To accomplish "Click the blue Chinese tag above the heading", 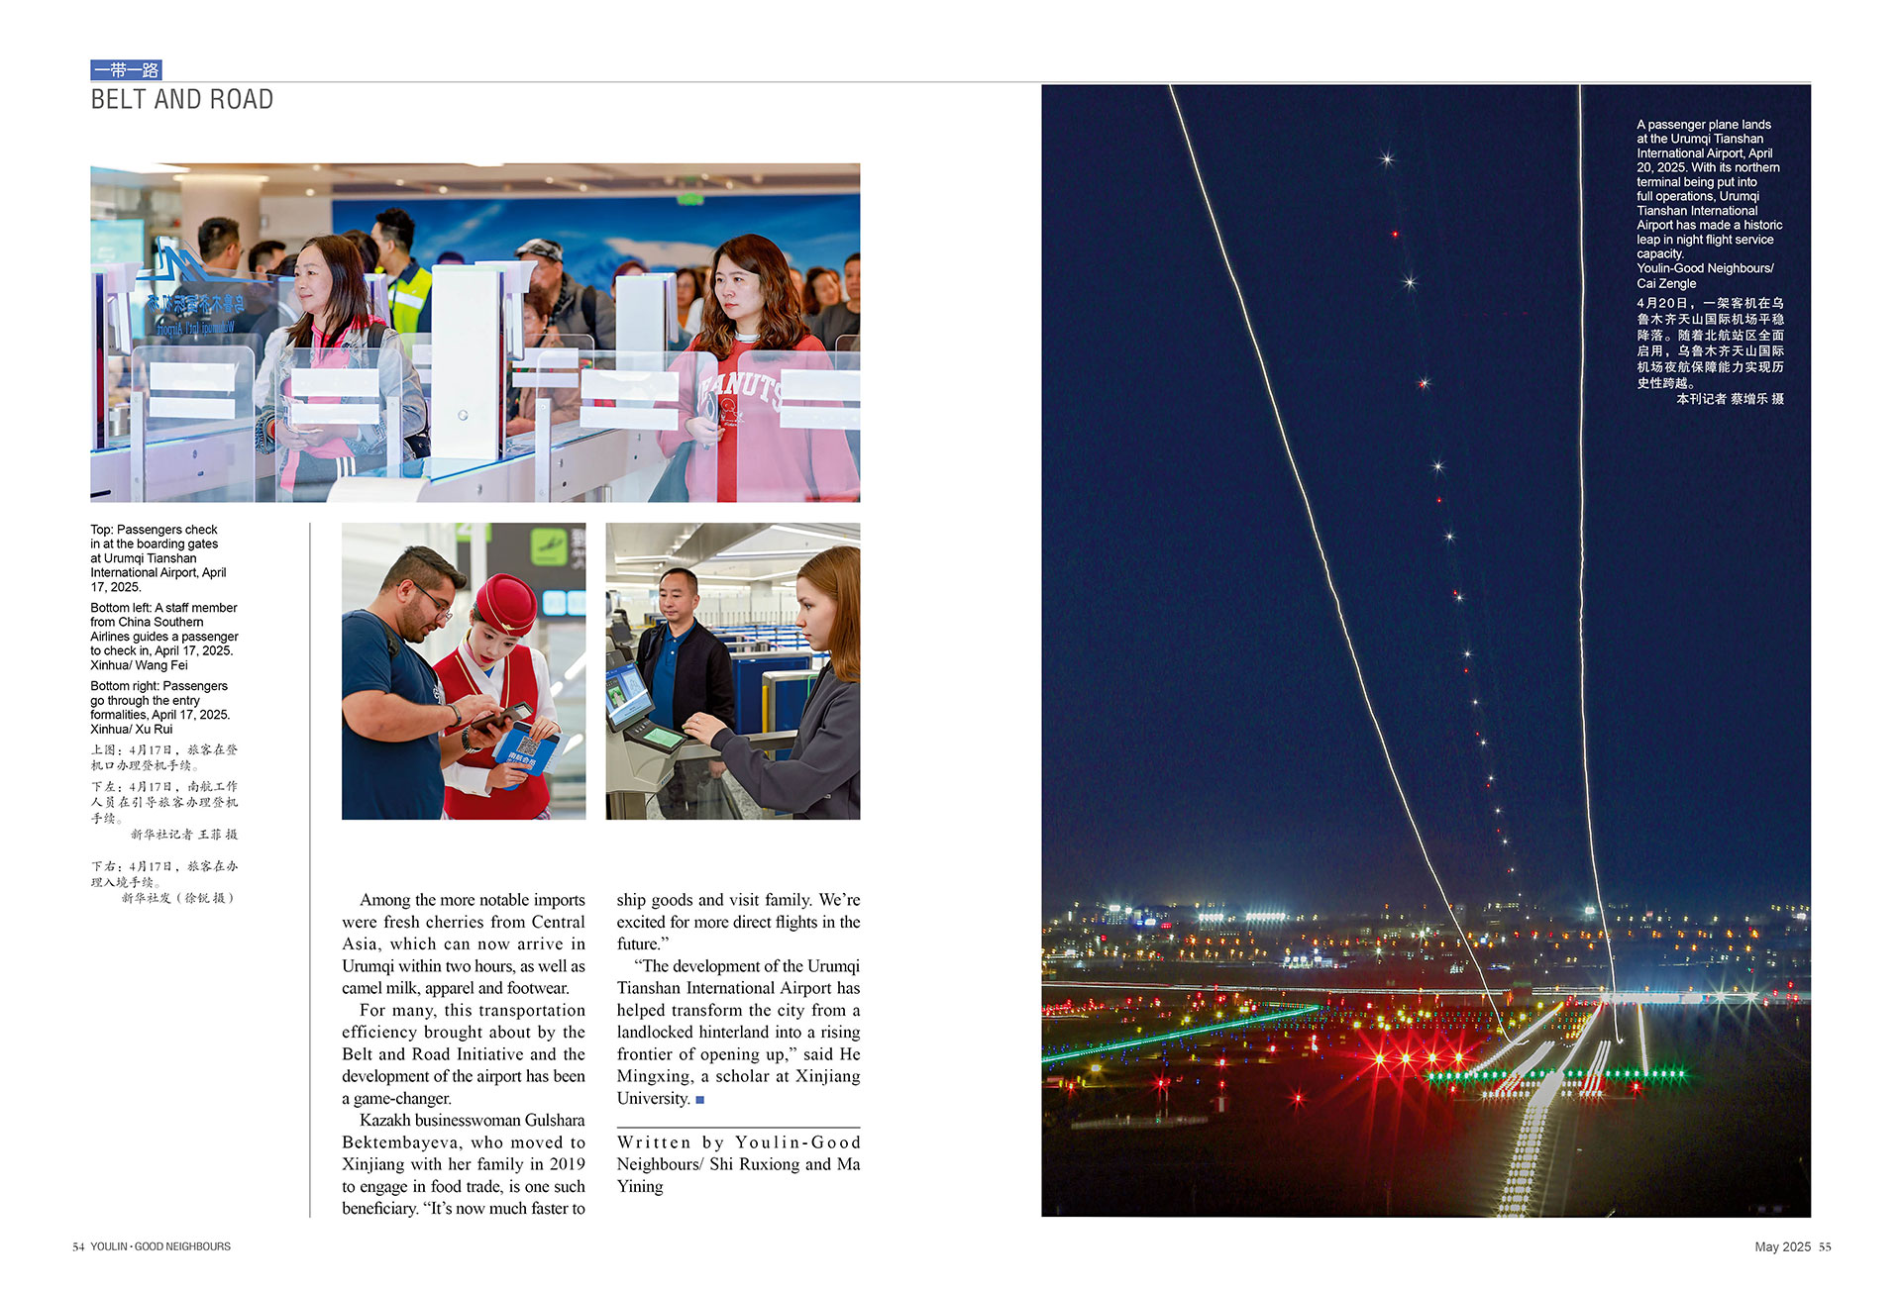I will point(126,70).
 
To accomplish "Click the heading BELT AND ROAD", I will point(181,100).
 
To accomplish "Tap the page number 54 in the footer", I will point(78,1246).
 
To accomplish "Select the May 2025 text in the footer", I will point(1782,1246).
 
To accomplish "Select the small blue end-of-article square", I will point(700,1099).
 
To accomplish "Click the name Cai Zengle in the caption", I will point(1666,283).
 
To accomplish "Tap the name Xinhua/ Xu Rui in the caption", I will point(131,730).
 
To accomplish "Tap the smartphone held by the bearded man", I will point(502,716).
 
